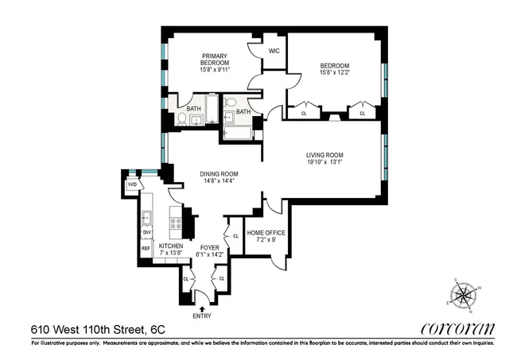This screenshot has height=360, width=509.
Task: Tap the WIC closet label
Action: [x=274, y=51]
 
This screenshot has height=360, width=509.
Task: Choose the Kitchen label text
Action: [x=171, y=246]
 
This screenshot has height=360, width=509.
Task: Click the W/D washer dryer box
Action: [x=132, y=185]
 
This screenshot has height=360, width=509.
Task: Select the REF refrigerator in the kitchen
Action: [x=146, y=249]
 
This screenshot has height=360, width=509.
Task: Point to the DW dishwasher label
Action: [x=146, y=233]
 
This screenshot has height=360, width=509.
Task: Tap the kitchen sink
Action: [x=146, y=218]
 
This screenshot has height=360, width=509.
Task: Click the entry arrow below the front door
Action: [x=202, y=308]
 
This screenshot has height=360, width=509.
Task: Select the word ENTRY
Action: [x=202, y=316]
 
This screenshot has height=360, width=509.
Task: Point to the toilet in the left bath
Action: [x=182, y=120]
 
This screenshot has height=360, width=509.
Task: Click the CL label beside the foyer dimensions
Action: [x=236, y=236]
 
